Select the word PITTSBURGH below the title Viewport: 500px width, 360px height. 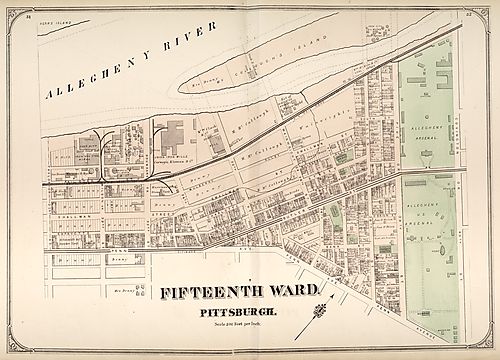coord(248,312)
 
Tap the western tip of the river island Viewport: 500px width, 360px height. coord(182,87)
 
